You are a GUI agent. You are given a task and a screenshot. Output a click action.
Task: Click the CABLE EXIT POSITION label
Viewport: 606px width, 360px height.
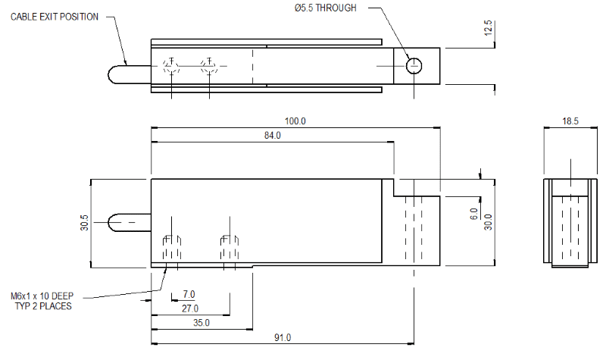click(x=55, y=17)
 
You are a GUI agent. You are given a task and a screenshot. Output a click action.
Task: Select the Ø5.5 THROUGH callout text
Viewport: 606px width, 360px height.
click(x=325, y=8)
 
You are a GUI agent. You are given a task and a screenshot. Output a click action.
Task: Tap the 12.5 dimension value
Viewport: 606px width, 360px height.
click(x=489, y=29)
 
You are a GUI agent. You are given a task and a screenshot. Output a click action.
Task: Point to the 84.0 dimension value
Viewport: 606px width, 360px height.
click(x=271, y=136)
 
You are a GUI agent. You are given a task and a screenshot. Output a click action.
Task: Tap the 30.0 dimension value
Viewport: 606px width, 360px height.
click(x=489, y=222)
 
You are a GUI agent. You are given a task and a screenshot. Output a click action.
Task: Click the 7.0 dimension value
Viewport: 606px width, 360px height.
click(x=189, y=294)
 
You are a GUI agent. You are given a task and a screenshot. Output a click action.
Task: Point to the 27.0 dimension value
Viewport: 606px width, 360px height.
click(x=189, y=308)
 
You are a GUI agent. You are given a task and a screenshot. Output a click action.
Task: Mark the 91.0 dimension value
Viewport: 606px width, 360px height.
click(x=283, y=337)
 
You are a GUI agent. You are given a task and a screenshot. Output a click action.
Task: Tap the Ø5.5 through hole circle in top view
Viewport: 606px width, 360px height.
click(x=414, y=65)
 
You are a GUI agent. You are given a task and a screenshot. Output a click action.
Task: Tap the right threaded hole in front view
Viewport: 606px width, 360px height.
click(x=230, y=249)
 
